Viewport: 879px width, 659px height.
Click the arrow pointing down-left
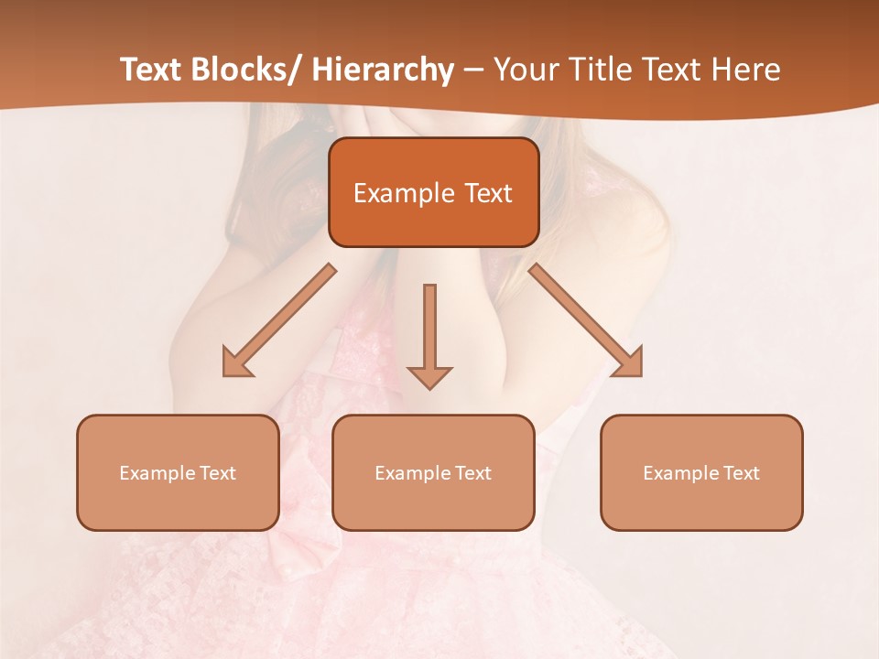pos(279,320)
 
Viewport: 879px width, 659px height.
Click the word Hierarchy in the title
pos(383,70)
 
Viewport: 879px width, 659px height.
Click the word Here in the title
pos(748,70)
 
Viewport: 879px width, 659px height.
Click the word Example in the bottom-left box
pos(157,473)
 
